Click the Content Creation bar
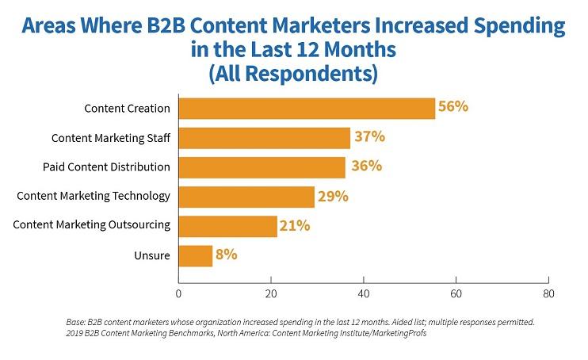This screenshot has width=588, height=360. pyautogui.click(x=307, y=108)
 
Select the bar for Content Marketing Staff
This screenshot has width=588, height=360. pyautogui.click(x=264, y=137)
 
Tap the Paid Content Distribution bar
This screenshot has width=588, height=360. pyautogui.click(x=262, y=167)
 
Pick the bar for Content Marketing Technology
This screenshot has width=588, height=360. pyautogui.click(x=246, y=196)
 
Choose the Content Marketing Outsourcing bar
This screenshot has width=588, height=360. pyautogui.click(x=227, y=225)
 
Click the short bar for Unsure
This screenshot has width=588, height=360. pyautogui.click(x=196, y=255)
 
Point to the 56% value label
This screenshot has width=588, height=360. pyautogui.click(x=453, y=107)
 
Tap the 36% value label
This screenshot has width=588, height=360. pyautogui.click(x=365, y=166)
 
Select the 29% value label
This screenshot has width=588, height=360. pyautogui.click(x=333, y=195)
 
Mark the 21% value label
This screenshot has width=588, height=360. pyautogui.click(x=294, y=225)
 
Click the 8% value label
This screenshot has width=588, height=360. pyautogui.click(x=227, y=255)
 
